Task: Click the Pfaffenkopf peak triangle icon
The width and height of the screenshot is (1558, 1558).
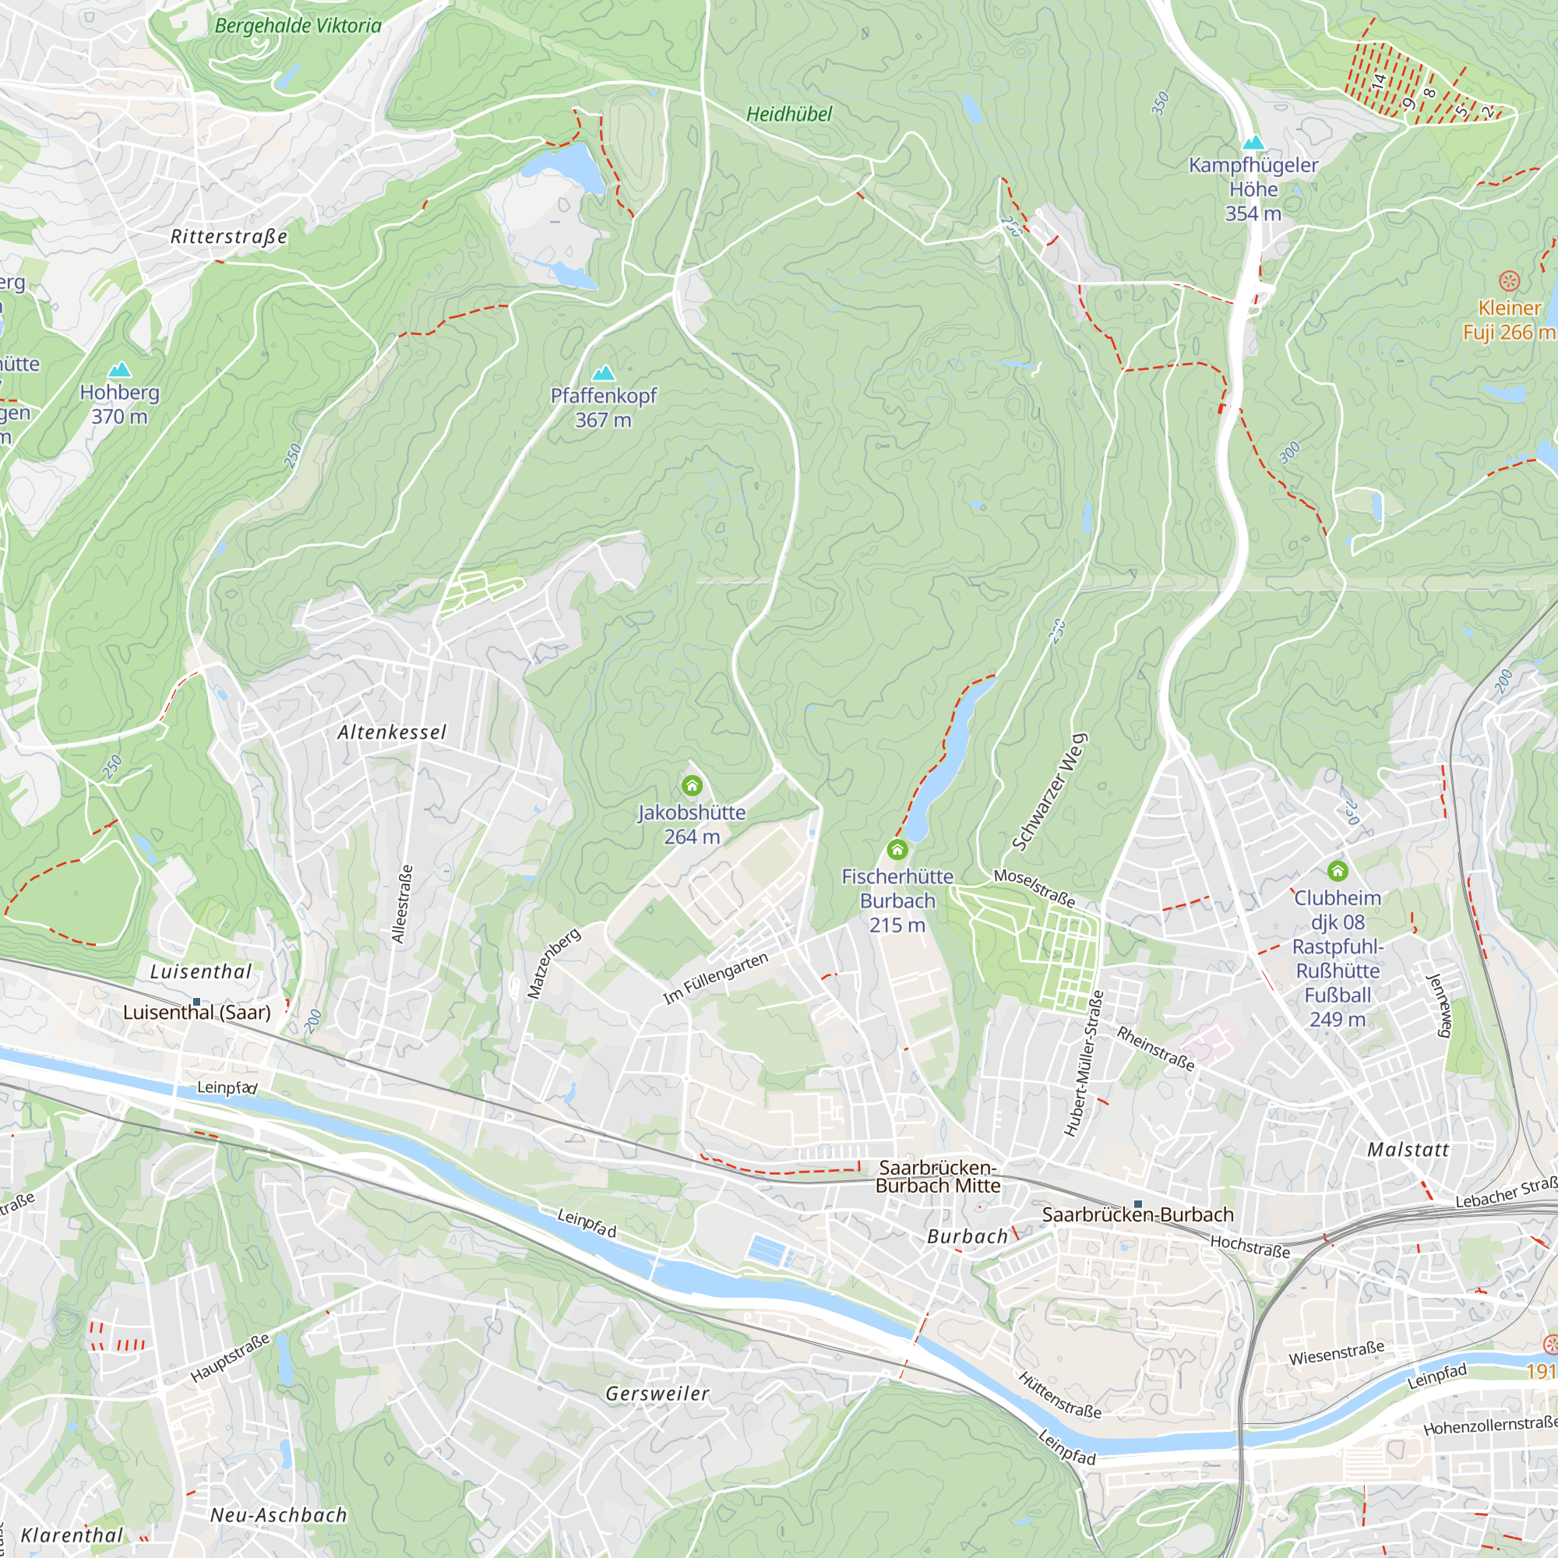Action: pos(603,372)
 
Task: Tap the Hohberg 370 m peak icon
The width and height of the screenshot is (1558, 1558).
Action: pos(119,369)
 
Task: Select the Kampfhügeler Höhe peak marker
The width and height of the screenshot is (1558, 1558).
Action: pos(1253,143)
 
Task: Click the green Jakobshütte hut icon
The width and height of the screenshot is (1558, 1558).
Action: pos(692,785)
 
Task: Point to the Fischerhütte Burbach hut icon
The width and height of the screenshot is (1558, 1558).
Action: pos(897,849)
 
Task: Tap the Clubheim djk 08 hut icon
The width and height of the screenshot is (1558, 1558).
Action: pos(1337,871)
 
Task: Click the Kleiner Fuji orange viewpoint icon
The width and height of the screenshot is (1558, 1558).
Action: pos(1509,281)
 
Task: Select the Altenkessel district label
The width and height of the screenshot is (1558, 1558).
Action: pos(392,732)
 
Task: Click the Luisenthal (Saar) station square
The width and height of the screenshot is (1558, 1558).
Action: pos(196,1002)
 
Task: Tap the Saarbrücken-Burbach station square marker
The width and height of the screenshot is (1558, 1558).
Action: pos(1138,1204)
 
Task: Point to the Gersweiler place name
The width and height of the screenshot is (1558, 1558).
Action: pos(657,1394)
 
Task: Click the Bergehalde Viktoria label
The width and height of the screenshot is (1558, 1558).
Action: pos(298,26)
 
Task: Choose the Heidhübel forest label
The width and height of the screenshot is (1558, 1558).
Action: pos(788,115)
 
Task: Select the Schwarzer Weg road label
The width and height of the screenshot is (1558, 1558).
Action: pos(1049,793)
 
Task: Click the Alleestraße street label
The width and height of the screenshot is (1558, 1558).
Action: pos(403,904)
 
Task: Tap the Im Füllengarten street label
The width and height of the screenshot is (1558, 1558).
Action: pos(715,978)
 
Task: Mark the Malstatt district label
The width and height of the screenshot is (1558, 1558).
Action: pos(1408,1150)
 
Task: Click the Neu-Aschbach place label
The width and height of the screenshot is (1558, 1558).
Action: pos(278,1515)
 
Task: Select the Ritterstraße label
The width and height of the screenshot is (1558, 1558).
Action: pos(229,237)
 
